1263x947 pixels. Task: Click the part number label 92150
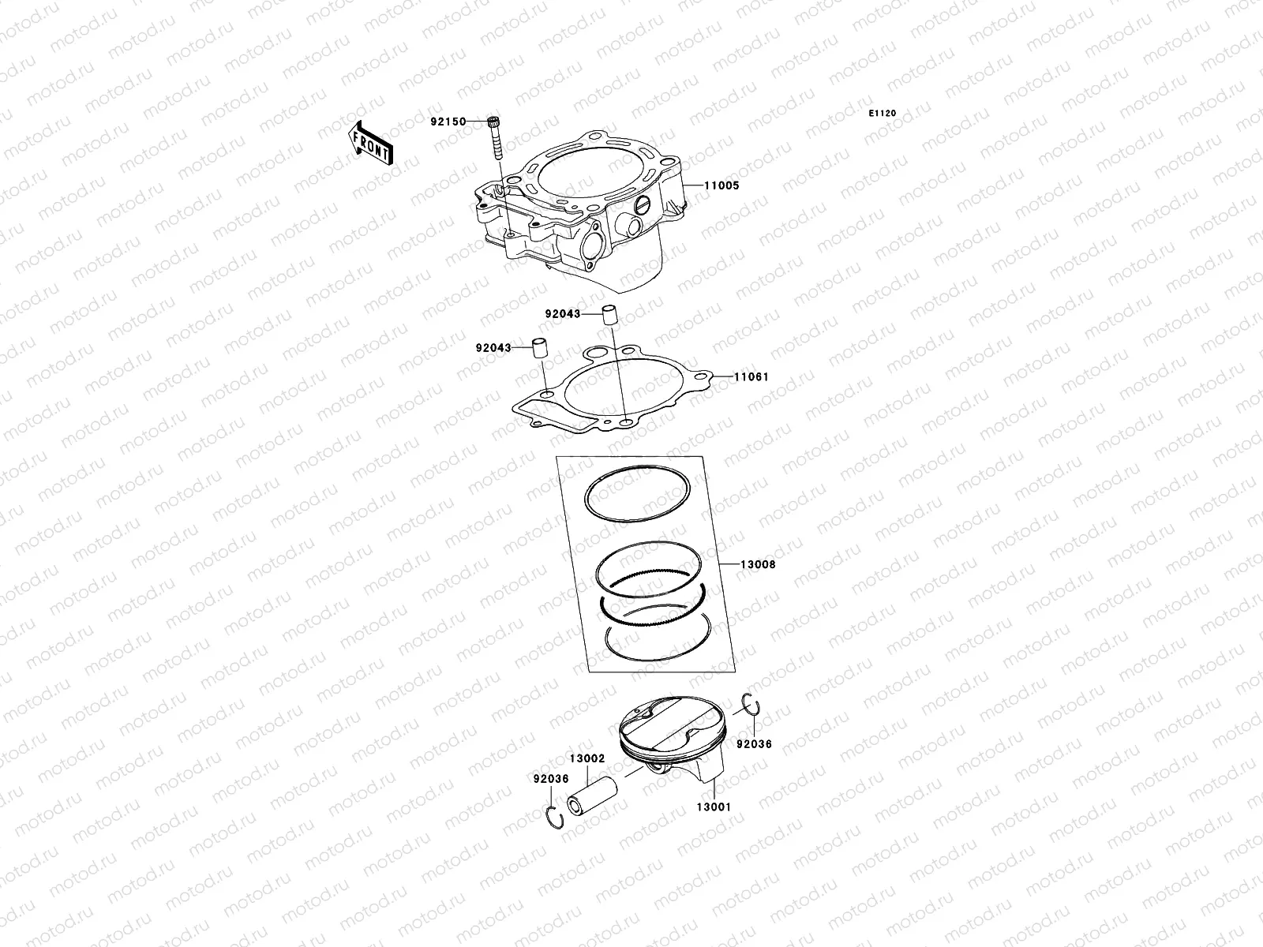coord(447,122)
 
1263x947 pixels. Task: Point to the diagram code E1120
coord(883,114)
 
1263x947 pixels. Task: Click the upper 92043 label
coord(562,313)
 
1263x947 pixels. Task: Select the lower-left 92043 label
coord(493,348)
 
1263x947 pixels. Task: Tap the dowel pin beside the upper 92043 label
coord(609,314)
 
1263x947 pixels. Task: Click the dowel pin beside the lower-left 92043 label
coord(539,348)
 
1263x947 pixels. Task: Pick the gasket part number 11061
coord(751,377)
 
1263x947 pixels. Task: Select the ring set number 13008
coord(757,565)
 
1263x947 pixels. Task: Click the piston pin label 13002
coord(587,758)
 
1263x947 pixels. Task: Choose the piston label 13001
coord(713,807)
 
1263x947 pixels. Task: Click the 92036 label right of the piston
coord(754,744)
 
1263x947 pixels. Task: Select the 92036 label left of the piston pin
coord(551,778)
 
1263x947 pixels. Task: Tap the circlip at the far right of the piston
coord(751,706)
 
